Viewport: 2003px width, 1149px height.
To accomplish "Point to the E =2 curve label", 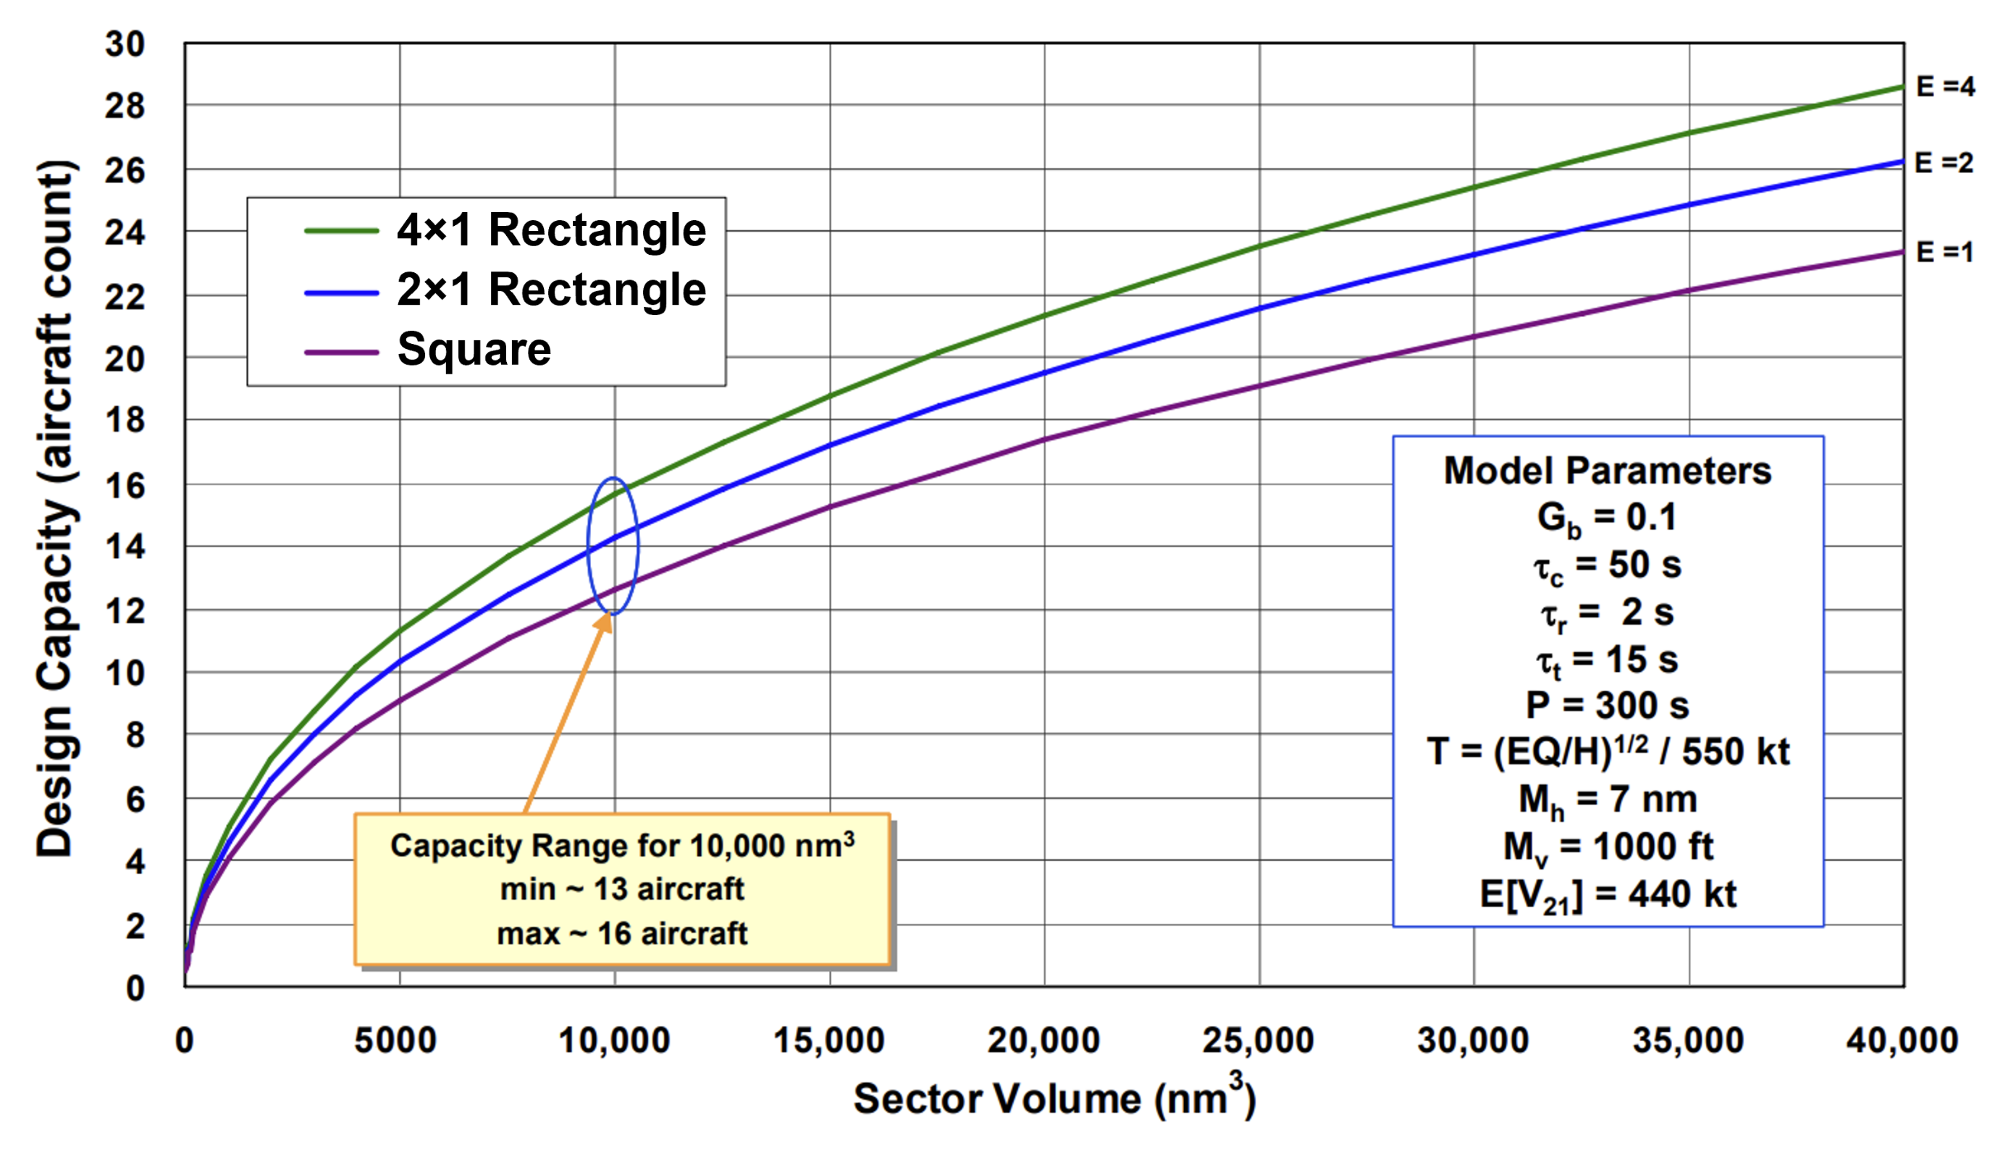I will tap(1944, 164).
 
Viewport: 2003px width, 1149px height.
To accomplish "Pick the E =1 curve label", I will tap(1944, 253).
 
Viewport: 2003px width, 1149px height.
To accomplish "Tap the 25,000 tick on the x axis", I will tap(1258, 1040).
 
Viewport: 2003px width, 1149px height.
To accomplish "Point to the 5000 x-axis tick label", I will tap(395, 1040).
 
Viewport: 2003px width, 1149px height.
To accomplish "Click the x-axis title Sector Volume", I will tap(1054, 1098).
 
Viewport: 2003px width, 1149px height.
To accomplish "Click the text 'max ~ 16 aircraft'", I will tap(622, 933).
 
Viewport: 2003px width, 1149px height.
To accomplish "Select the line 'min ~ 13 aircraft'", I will tap(622, 889).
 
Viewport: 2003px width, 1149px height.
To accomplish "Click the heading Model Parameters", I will tap(1608, 471).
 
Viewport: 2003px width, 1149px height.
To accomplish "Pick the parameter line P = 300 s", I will tap(1608, 704).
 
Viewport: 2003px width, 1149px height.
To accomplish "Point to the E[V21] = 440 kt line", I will tap(1608, 895).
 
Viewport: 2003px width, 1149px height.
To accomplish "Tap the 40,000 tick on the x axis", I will tap(1902, 1040).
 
